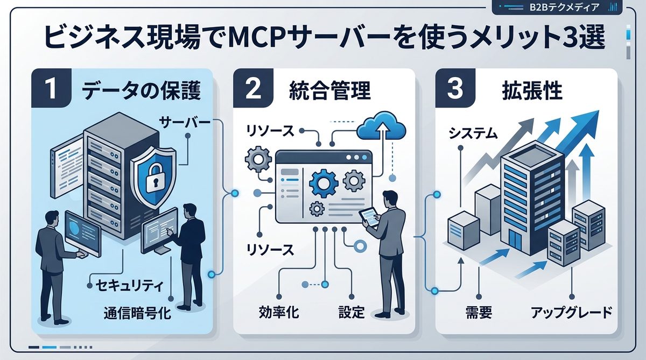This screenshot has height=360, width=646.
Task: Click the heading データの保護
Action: click(141, 91)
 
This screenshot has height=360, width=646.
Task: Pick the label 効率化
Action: click(279, 312)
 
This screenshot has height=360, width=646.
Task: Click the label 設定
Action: click(352, 312)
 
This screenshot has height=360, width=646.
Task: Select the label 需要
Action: click(478, 312)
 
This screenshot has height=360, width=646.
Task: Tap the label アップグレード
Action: click(571, 312)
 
